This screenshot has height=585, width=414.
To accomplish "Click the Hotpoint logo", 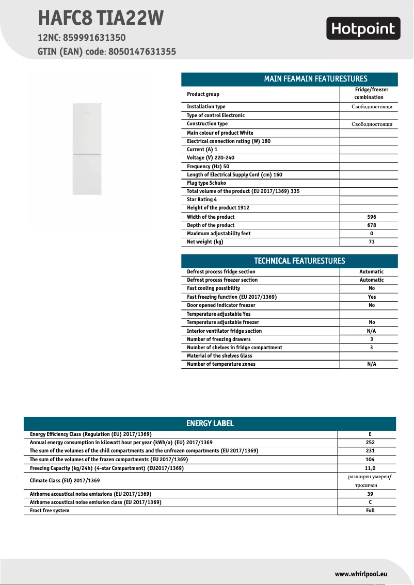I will (363, 29).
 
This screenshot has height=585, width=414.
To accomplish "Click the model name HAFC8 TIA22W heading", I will (101, 19).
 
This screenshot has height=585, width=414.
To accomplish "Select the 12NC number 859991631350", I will (94, 38).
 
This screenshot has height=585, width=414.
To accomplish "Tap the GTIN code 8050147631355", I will (142, 52).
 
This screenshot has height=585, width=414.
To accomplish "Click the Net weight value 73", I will (372, 242).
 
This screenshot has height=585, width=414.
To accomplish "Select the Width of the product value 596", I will (372, 217).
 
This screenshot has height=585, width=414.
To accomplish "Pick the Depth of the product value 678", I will (372, 225).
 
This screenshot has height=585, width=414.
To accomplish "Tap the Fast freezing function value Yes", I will (372, 297).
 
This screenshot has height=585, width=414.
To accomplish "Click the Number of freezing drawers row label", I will (219, 339).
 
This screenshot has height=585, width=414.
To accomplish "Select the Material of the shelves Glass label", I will (219, 356).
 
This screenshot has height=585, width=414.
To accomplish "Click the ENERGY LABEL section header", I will (210, 424).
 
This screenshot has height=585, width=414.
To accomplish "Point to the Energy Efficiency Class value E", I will (370, 434).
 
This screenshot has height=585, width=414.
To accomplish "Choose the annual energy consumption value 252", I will (370, 443).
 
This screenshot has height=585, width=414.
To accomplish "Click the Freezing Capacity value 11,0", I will (370, 468).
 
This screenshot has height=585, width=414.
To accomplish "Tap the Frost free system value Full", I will (370, 511).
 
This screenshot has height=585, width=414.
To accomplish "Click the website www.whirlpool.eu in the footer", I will (361, 574).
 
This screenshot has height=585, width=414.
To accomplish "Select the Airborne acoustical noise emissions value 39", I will (370, 494).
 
